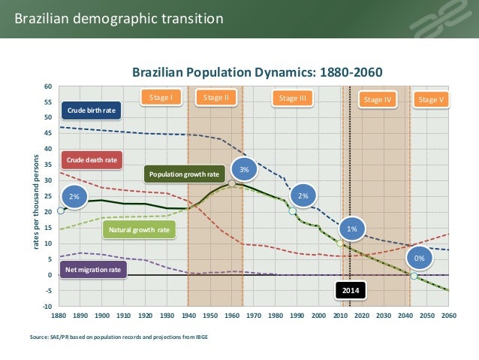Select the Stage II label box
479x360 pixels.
point(216,98)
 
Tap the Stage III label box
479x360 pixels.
point(292,98)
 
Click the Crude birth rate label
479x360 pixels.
point(92,110)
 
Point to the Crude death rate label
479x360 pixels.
point(92,160)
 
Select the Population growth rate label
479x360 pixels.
point(184,174)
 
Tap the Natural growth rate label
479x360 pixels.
point(139,230)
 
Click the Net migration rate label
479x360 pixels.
point(93,269)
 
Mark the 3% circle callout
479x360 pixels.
point(244,170)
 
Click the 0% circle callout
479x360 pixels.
point(420,259)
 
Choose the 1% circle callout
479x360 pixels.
point(351,228)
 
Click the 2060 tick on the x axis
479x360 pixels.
point(448,316)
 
